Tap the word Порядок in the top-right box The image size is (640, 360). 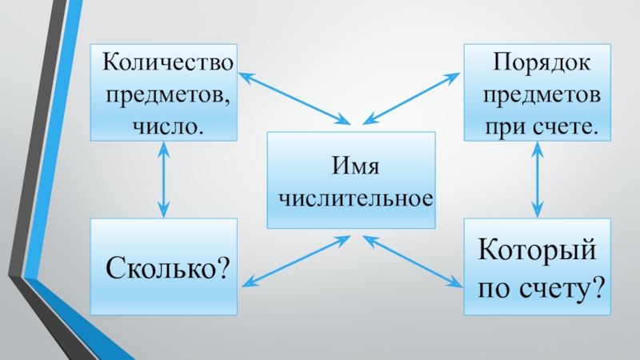pos(539,61)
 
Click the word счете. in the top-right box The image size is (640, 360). pos(565,126)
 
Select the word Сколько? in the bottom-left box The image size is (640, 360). pos(166,266)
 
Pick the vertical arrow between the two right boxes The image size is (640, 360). pos(537,179)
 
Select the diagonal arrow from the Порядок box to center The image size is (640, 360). pos(411,98)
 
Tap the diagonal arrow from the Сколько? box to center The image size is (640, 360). pos(296,261)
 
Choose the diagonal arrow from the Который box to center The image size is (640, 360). pos(412,261)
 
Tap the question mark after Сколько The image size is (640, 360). pos(222,266)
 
